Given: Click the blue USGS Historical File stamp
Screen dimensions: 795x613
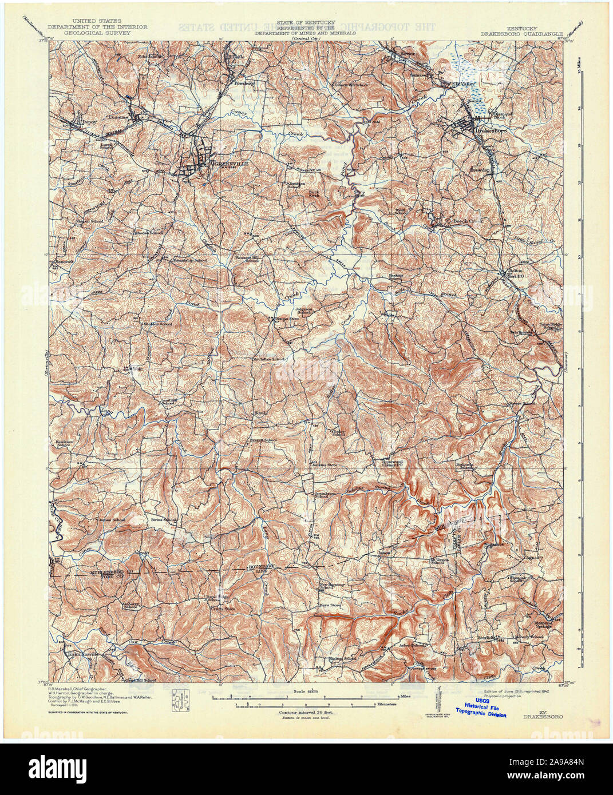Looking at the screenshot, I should (x=481, y=710).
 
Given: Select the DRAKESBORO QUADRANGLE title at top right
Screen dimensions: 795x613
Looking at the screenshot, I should (x=535, y=33).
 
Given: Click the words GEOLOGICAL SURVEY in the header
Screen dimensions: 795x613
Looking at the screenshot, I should (x=97, y=33).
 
